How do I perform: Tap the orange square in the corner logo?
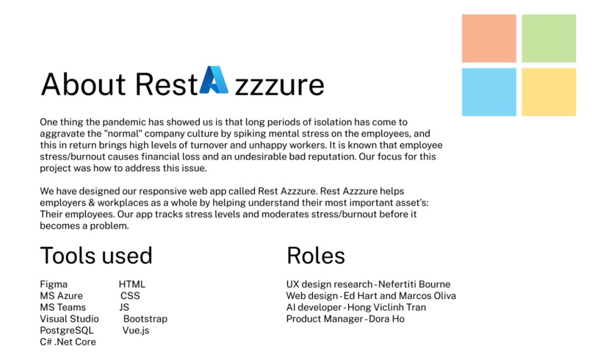pyautogui.click(x=488, y=37)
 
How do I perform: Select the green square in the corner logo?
pyautogui.click(x=548, y=37)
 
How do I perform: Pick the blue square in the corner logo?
pyautogui.click(x=488, y=92)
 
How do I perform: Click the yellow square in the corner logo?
pyautogui.click(x=548, y=92)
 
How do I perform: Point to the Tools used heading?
pyautogui.click(x=96, y=256)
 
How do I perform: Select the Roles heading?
pyautogui.click(x=315, y=256)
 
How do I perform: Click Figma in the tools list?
pyautogui.click(x=54, y=284)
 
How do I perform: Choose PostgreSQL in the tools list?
pyautogui.click(x=67, y=331)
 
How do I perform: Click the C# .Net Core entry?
pyautogui.click(x=68, y=342)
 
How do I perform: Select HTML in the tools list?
pyautogui.click(x=132, y=284)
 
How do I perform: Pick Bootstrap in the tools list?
pyautogui.click(x=145, y=319)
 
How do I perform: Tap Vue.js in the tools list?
pyautogui.click(x=136, y=331)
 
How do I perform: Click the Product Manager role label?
pyautogui.click(x=324, y=319)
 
